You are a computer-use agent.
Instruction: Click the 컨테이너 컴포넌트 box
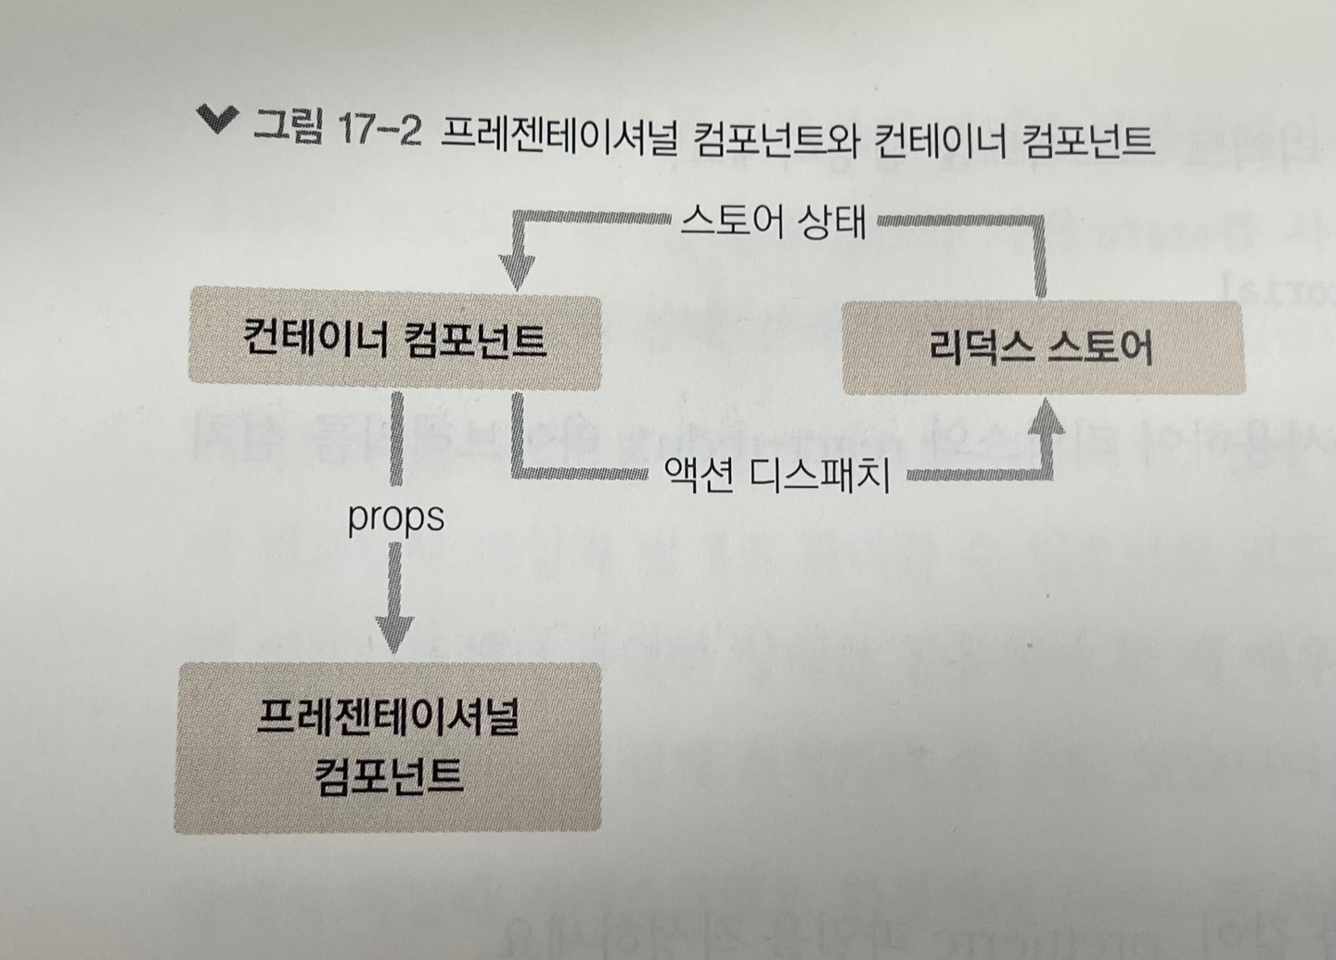[394, 339]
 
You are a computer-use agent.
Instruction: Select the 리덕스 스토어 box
[1042, 349]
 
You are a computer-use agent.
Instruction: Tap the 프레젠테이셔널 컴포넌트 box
[388, 747]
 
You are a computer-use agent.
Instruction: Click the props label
[396, 518]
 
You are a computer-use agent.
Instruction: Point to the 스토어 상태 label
[773, 223]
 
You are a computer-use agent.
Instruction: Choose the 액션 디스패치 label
[777, 476]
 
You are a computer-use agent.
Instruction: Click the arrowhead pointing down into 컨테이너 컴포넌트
[518, 271]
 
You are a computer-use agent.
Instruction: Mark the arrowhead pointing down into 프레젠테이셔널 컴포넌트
[395, 635]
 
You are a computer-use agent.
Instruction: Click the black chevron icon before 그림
[217, 120]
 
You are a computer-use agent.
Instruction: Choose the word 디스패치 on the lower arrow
[819, 476]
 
